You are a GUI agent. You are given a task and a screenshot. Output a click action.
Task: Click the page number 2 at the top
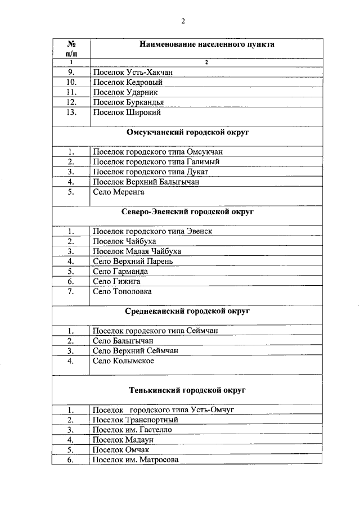pos(183,21)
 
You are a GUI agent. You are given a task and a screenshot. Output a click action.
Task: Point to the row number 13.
pos(71,112)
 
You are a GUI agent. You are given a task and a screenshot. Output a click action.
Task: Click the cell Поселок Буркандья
pos(127,102)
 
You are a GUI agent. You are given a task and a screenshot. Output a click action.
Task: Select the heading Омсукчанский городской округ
pos(188,133)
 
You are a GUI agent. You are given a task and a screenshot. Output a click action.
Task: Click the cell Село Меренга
pos(119,192)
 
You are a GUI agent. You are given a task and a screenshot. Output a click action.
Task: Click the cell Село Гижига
pos(116,281)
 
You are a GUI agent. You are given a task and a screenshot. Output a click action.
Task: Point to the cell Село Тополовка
pos(122,291)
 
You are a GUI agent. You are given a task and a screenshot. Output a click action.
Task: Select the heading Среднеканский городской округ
pos(188,310)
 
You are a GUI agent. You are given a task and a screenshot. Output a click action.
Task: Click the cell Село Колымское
pos(123,361)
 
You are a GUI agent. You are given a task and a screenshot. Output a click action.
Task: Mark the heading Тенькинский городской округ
pos(188,390)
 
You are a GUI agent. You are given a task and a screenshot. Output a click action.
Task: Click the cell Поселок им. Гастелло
pos(132,429)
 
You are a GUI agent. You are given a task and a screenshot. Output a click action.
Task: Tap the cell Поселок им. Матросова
pos(135,460)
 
